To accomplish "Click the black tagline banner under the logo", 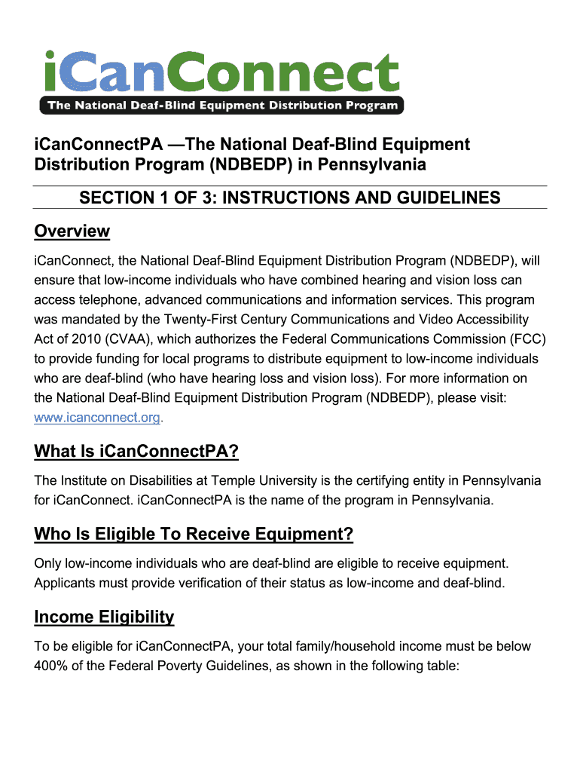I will click(222, 106).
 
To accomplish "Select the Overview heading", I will click(72, 231).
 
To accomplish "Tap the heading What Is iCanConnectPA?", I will click(136, 452).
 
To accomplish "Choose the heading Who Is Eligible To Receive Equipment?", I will click(194, 535).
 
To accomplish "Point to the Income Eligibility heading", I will click(104, 617).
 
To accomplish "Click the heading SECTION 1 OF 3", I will click(290, 198).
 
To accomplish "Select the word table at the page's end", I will click(441, 666).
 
